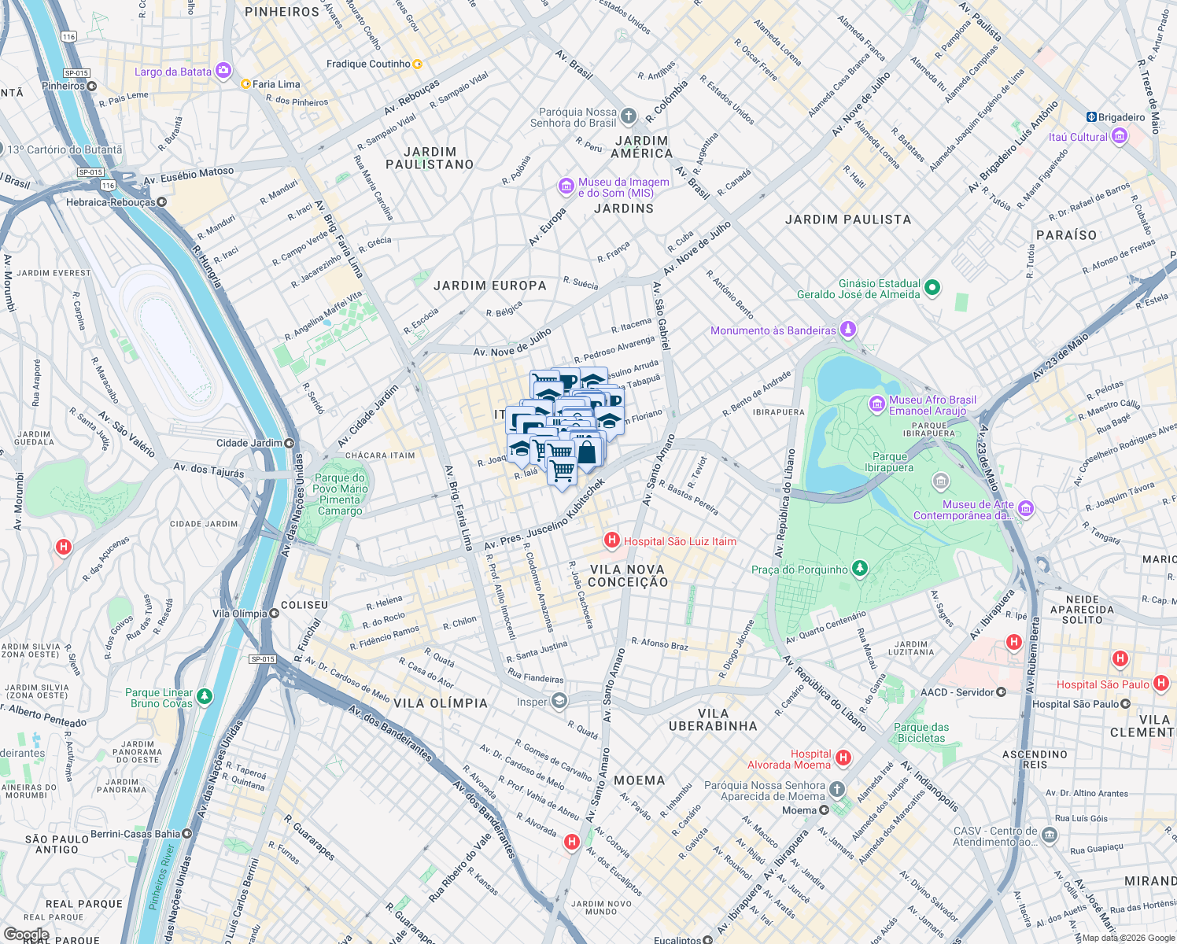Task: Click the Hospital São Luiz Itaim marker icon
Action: click(x=611, y=540)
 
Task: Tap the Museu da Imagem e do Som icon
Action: click(x=566, y=186)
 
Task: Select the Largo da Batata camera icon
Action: click(x=223, y=72)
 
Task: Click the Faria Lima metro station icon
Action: click(x=245, y=84)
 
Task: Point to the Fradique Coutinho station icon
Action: click(x=418, y=65)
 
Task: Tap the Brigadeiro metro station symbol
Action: click(x=1091, y=117)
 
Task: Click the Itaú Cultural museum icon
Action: click(x=1120, y=137)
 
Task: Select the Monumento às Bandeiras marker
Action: click(x=847, y=330)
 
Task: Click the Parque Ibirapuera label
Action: click(x=889, y=462)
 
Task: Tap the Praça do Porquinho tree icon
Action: click(x=860, y=569)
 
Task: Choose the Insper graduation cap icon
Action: click(x=559, y=702)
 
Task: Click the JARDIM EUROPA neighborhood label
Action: click(x=489, y=286)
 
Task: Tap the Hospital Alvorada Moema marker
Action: click(x=843, y=758)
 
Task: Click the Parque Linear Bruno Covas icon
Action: click(x=205, y=696)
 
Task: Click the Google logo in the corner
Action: click(x=26, y=935)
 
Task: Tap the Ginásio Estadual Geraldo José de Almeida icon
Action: click(x=932, y=288)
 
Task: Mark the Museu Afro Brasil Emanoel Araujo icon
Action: click(x=876, y=404)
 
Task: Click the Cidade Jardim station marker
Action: click(x=290, y=443)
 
